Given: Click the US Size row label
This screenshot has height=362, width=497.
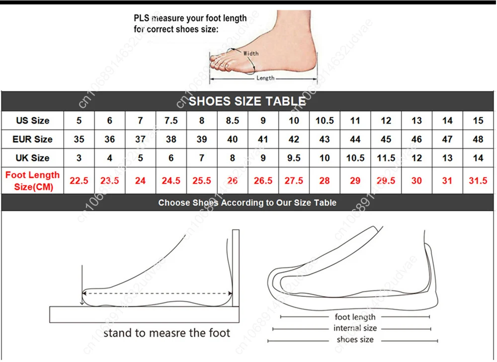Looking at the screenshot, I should [x=33, y=120].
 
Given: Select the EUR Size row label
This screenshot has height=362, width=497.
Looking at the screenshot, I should [x=33, y=139].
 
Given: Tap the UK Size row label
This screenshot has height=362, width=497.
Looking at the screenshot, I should [x=33, y=158].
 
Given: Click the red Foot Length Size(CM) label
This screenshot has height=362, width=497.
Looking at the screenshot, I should [x=32, y=181].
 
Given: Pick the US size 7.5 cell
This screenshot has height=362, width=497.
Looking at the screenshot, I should [x=171, y=120].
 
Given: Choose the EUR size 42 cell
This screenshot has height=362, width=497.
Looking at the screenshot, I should [x=294, y=139].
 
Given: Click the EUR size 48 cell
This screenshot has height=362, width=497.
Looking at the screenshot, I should [x=478, y=139].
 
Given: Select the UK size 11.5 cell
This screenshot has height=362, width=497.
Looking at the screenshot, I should [x=386, y=158].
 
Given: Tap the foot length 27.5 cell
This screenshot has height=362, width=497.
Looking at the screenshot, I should [x=294, y=181].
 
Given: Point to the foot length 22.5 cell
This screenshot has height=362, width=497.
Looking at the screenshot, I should [x=79, y=181].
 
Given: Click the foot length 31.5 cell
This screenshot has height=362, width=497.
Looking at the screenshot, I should [x=478, y=181].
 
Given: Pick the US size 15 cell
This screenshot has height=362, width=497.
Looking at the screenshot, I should [x=478, y=120].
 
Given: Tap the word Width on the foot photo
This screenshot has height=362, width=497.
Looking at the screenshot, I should [x=251, y=53].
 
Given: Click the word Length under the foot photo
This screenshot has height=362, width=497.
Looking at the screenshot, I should [x=265, y=78].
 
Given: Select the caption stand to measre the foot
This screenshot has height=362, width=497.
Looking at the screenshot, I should [x=167, y=333].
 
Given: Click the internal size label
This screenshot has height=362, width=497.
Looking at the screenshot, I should [x=355, y=328].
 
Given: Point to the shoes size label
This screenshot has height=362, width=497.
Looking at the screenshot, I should [x=355, y=340].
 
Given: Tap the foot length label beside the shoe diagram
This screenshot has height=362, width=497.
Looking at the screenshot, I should [x=355, y=317].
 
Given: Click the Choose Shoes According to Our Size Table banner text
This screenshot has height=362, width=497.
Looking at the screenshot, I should [x=247, y=202].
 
